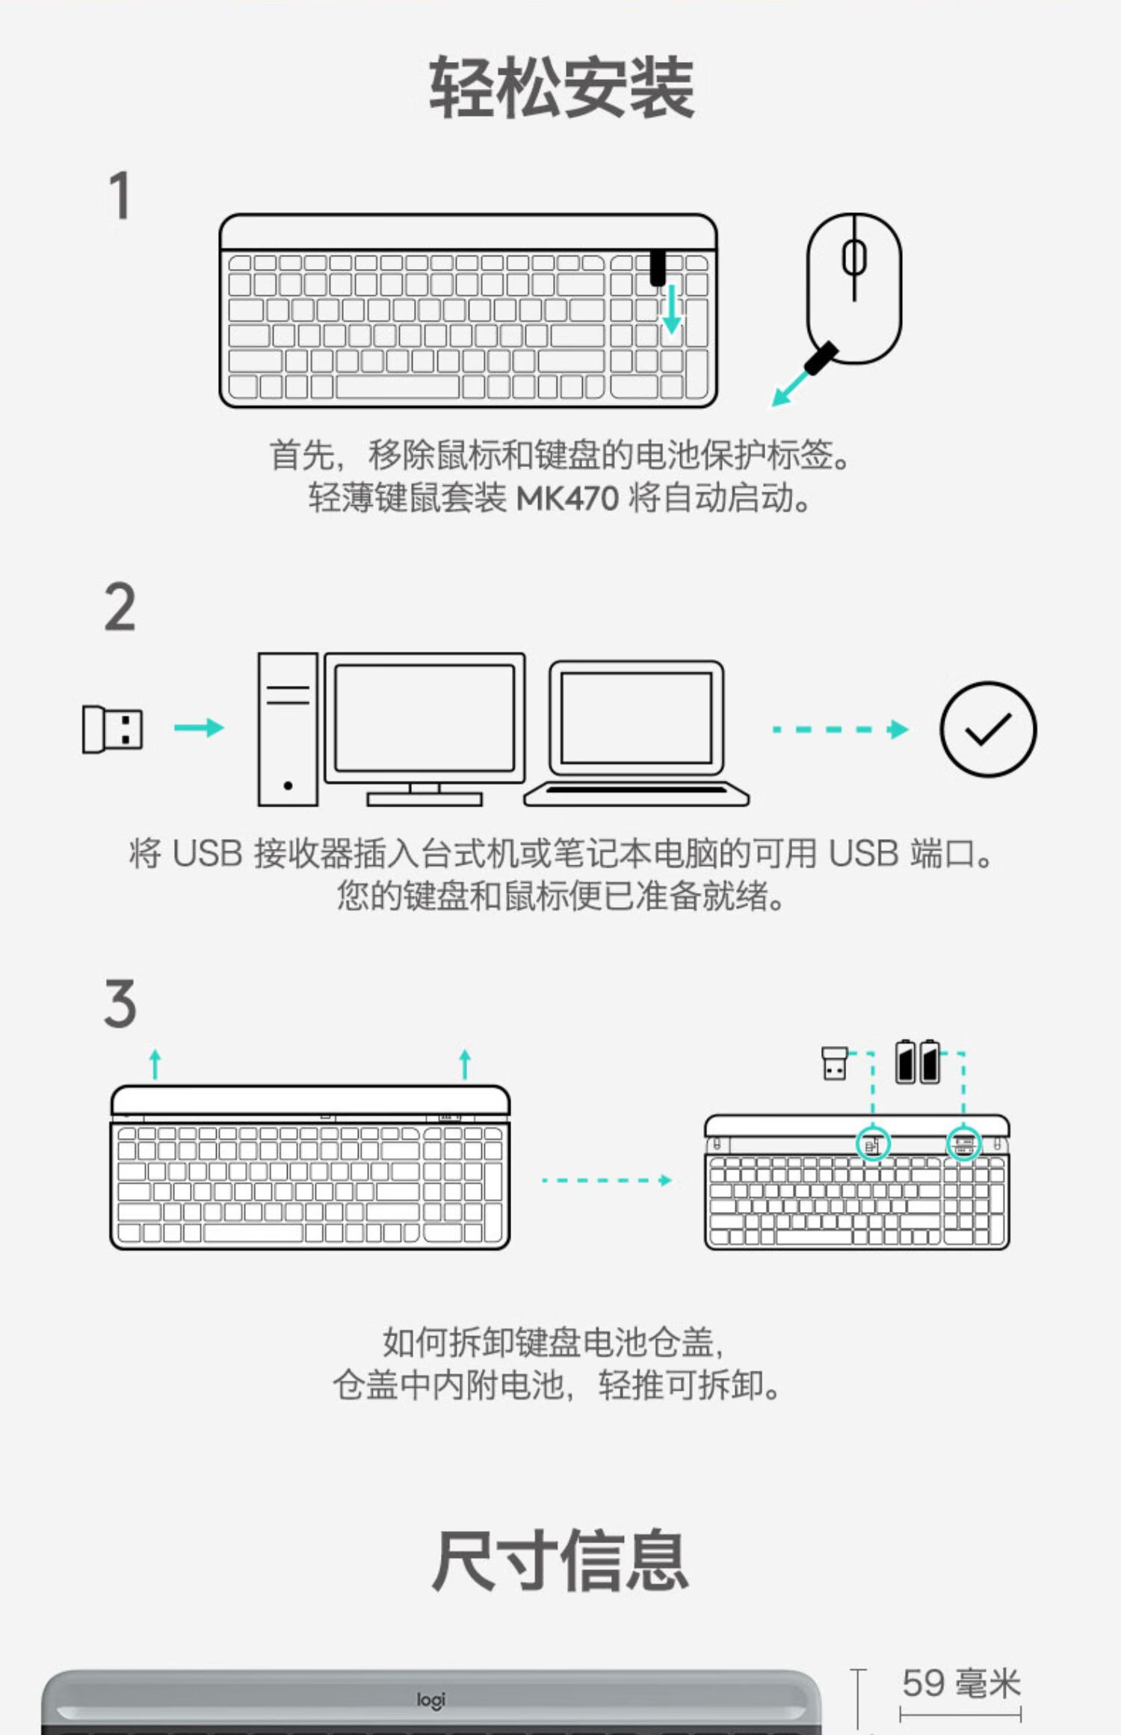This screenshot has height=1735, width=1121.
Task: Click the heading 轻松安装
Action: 561,88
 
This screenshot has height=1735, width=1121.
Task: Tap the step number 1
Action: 120,195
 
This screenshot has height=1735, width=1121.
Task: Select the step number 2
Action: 120,607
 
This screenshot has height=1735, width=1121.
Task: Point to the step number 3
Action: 120,1003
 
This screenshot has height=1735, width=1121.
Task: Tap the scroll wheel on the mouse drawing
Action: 854,257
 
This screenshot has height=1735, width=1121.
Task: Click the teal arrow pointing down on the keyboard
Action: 672,308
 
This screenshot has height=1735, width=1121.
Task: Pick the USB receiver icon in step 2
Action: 112,729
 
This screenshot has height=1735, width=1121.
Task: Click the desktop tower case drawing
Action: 288,729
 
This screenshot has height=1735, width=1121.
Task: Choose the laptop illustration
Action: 637,732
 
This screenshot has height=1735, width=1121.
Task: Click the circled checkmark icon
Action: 988,729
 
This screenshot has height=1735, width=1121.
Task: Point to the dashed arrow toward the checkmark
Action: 841,729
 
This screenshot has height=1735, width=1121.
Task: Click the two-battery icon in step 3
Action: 918,1061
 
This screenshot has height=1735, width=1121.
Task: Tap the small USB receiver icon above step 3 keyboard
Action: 834,1063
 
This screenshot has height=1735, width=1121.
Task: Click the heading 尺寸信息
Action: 560,1559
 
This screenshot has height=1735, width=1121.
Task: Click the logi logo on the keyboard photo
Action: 431,1701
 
